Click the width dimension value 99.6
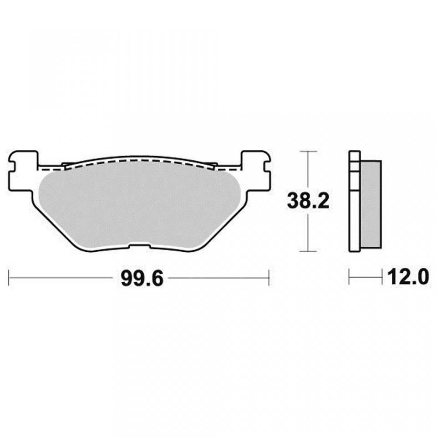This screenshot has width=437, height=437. click(x=142, y=278)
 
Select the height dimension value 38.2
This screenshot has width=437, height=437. click(x=308, y=201)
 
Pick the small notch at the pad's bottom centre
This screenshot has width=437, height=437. click(x=140, y=247)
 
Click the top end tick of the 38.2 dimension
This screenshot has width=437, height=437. click(x=309, y=151)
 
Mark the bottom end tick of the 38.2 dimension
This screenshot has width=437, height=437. click(x=309, y=251)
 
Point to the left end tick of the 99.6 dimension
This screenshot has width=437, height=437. click(x=10, y=277)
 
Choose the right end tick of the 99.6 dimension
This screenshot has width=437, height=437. click(x=269, y=277)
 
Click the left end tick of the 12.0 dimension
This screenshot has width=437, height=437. click(x=349, y=277)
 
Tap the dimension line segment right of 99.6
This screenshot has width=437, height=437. click(x=218, y=277)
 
